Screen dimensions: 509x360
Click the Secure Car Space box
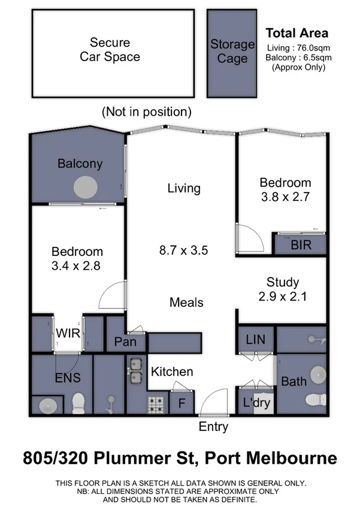pos(114,53)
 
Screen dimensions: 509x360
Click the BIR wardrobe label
pos(300,245)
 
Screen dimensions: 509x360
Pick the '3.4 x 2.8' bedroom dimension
pos(77,266)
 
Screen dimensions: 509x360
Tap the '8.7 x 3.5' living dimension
pos(184,251)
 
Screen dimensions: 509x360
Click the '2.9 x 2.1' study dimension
pos(283,296)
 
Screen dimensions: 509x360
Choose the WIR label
pos(68,333)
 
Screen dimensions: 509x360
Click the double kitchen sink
pos(135,370)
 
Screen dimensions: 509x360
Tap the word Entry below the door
pos(213,427)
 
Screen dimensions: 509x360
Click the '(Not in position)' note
pos(147,112)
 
